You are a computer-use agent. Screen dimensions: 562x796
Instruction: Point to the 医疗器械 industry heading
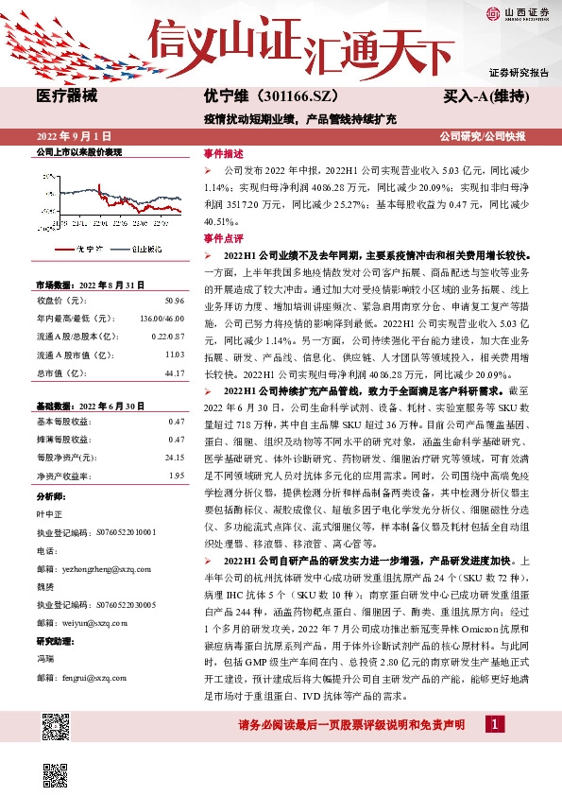[65, 96]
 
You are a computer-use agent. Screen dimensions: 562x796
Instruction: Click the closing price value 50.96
[174, 300]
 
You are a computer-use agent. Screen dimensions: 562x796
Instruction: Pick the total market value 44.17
[174, 373]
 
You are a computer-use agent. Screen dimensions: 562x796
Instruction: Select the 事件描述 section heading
[224, 153]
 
